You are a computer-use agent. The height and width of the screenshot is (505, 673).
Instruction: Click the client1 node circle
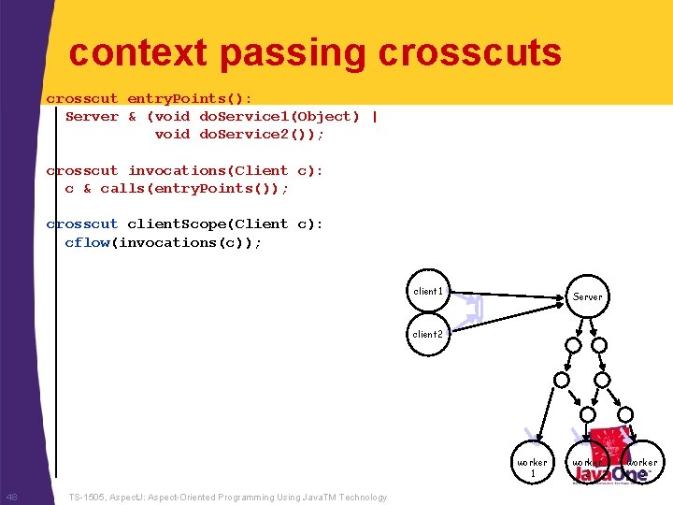pos(428,291)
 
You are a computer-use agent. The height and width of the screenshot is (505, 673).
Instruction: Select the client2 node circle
pos(428,334)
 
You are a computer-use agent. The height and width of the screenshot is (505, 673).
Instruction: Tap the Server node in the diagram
pos(587,296)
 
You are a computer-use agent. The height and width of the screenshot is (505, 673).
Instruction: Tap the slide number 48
pos(11,497)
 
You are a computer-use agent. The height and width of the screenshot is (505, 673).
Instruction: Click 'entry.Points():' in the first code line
pos(190,98)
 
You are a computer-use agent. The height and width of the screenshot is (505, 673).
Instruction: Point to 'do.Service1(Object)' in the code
pos(279,116)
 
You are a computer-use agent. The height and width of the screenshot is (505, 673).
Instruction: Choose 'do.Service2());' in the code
pos(262,134)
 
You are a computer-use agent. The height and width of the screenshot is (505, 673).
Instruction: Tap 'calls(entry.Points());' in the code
pos(194,188)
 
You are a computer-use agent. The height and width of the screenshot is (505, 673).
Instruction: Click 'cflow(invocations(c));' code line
pos(164,242)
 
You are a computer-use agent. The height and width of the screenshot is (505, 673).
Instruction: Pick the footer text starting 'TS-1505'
pos(228,498)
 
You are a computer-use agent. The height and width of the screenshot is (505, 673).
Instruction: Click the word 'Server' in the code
pos(92,116)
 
